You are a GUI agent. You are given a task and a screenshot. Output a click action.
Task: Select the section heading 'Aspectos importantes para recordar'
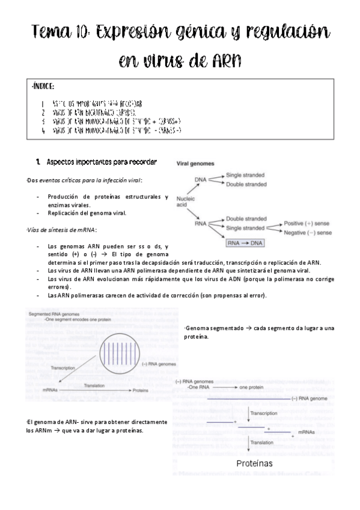pos(102,162)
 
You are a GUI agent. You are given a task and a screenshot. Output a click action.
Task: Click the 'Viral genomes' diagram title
pos(200,163)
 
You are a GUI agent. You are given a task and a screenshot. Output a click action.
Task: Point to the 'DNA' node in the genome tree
pos(201,179)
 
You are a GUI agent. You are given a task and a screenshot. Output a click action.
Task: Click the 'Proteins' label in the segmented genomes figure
pos(141,390)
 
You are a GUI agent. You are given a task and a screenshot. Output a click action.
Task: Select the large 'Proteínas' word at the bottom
pos(254,463)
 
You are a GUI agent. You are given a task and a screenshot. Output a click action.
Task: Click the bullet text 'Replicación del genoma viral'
pos(87,213)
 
